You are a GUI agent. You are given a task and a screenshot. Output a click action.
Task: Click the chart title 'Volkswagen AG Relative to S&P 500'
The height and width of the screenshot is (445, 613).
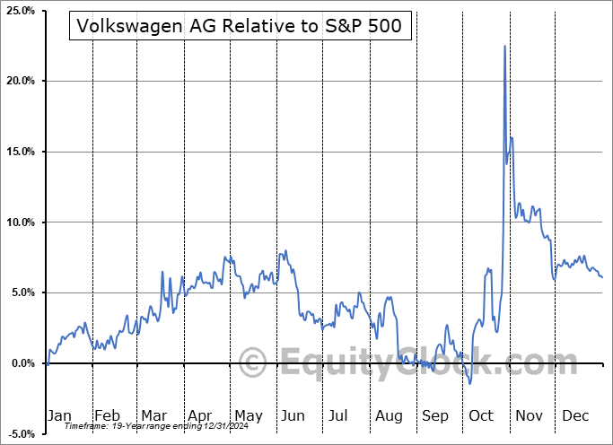tap(241, 27)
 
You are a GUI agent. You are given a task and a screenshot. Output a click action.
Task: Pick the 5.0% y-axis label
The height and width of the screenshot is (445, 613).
tap(22, 292)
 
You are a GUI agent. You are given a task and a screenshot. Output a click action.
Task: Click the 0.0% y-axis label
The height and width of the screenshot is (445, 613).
tap(22, 363)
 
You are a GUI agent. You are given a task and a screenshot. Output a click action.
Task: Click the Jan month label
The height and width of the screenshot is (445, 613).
tap(59, 415)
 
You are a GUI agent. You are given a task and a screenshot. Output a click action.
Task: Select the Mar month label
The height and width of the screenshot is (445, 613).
tap(154, 415)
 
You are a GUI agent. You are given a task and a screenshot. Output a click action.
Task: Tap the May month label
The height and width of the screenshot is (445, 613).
tap(248, 415)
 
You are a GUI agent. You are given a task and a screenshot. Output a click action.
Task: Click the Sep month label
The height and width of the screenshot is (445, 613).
tap(435, 415)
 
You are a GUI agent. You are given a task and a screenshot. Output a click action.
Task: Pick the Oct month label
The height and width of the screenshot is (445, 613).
tap(482, 415)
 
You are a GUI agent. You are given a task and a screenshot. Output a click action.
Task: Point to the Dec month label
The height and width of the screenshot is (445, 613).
tap(576, 415)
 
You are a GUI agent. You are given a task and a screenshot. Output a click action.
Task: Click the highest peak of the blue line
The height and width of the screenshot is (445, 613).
tap(504, 46)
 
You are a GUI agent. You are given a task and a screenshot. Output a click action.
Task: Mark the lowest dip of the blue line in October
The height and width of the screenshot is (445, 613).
tap(470, 384)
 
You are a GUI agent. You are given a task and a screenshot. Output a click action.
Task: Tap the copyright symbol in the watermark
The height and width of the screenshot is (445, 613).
tap(254, 364)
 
